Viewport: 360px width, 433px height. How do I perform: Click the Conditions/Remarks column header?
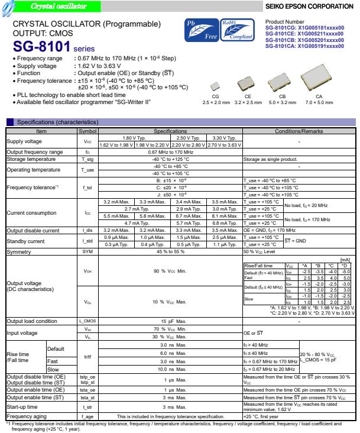click(300, 122)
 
